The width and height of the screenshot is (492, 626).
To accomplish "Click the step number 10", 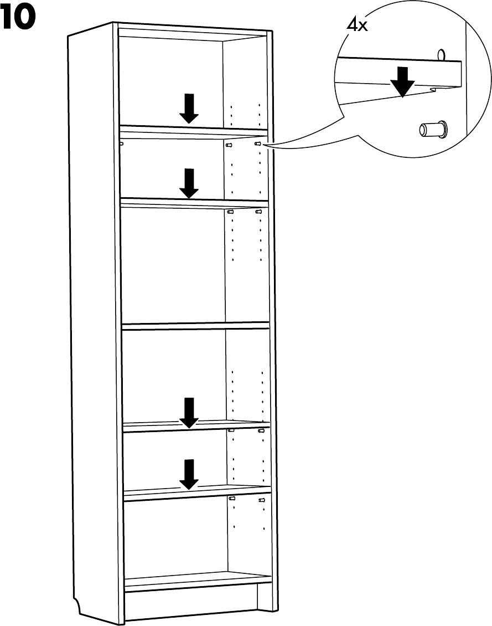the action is coord(18,18).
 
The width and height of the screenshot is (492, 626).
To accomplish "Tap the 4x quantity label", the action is coord(357,25).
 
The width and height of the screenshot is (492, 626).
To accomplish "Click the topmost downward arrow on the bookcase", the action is coord(189,108).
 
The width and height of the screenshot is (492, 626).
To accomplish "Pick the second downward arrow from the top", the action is coord(189,183).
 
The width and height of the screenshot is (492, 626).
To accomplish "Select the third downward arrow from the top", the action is coord(189,413).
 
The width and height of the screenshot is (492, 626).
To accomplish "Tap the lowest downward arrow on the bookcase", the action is coord(189,474).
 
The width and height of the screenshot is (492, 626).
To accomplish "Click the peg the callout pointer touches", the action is coord(257,144).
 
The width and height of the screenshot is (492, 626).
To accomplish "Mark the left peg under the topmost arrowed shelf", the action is coord(229,144).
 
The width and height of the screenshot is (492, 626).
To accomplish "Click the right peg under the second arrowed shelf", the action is coord(258,211).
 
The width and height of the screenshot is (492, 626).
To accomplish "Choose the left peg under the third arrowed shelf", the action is coord(231,430).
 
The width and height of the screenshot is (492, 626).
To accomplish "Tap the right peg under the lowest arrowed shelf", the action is coord(262,500).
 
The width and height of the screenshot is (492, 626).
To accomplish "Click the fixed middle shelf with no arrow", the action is coord(194,326).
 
